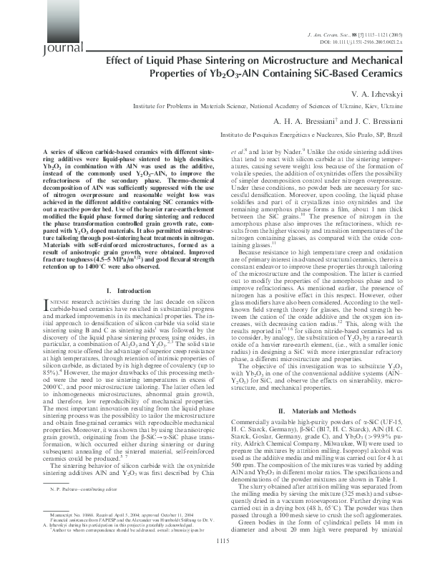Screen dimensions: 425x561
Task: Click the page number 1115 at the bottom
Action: coord(212,543)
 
